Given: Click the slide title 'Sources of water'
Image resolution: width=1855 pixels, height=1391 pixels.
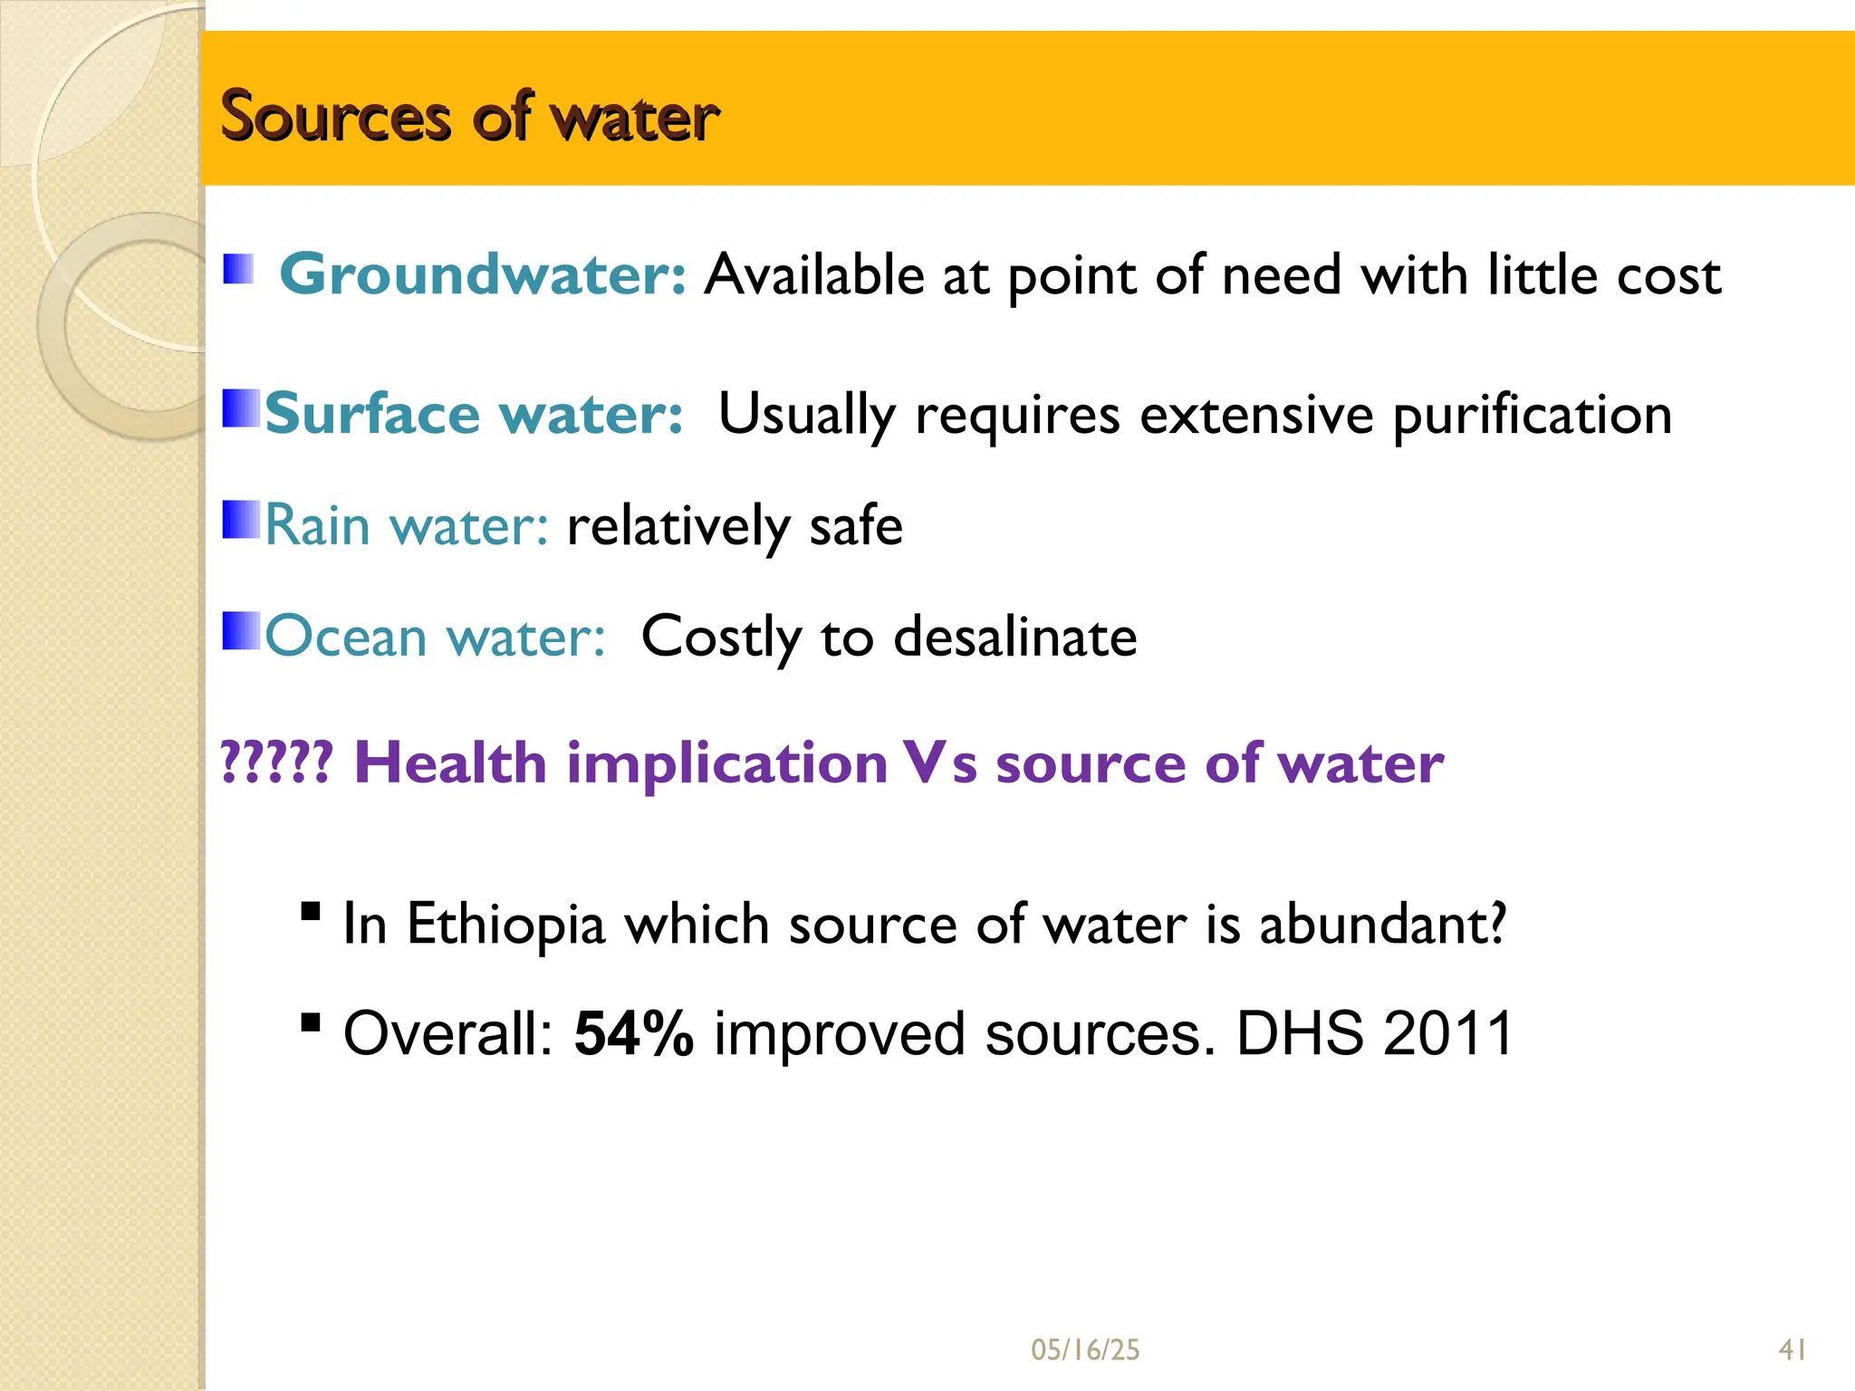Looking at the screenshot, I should [469, 117].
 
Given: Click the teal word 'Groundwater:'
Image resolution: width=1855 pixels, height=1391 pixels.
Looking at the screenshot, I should [483, 274].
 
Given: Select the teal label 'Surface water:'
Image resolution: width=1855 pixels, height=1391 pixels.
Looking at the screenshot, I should [474, 415].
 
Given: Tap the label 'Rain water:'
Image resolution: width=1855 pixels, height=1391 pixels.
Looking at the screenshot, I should [407, 525].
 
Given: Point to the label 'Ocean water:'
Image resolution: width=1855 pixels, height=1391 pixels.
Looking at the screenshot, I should [435, 637].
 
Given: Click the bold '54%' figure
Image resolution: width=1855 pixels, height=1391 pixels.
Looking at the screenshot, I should [634, 1034].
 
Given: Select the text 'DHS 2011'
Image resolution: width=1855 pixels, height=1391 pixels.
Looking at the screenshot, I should [1374, 1033].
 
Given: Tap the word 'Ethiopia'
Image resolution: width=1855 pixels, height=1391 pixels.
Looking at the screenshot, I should [505, 925].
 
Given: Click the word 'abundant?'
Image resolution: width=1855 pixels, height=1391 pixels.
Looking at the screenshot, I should [1382, 925].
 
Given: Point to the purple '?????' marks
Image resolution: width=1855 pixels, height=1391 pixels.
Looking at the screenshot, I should [277, 763].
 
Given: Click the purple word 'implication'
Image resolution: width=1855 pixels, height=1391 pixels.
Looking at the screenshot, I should [726, 763].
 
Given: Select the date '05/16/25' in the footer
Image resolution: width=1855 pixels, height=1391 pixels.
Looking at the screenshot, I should [1085, 1350].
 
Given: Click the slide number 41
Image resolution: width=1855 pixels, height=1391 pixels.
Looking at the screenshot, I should [1793, 1350].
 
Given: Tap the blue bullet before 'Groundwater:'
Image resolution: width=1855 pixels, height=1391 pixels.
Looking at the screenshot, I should [238, 269].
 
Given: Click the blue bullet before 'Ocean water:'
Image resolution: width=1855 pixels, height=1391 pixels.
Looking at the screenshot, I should [241, 631].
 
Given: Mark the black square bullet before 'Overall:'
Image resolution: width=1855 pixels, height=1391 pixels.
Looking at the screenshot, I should [311, 1022].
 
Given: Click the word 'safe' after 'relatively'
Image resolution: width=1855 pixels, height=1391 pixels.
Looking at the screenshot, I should [855, 525].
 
